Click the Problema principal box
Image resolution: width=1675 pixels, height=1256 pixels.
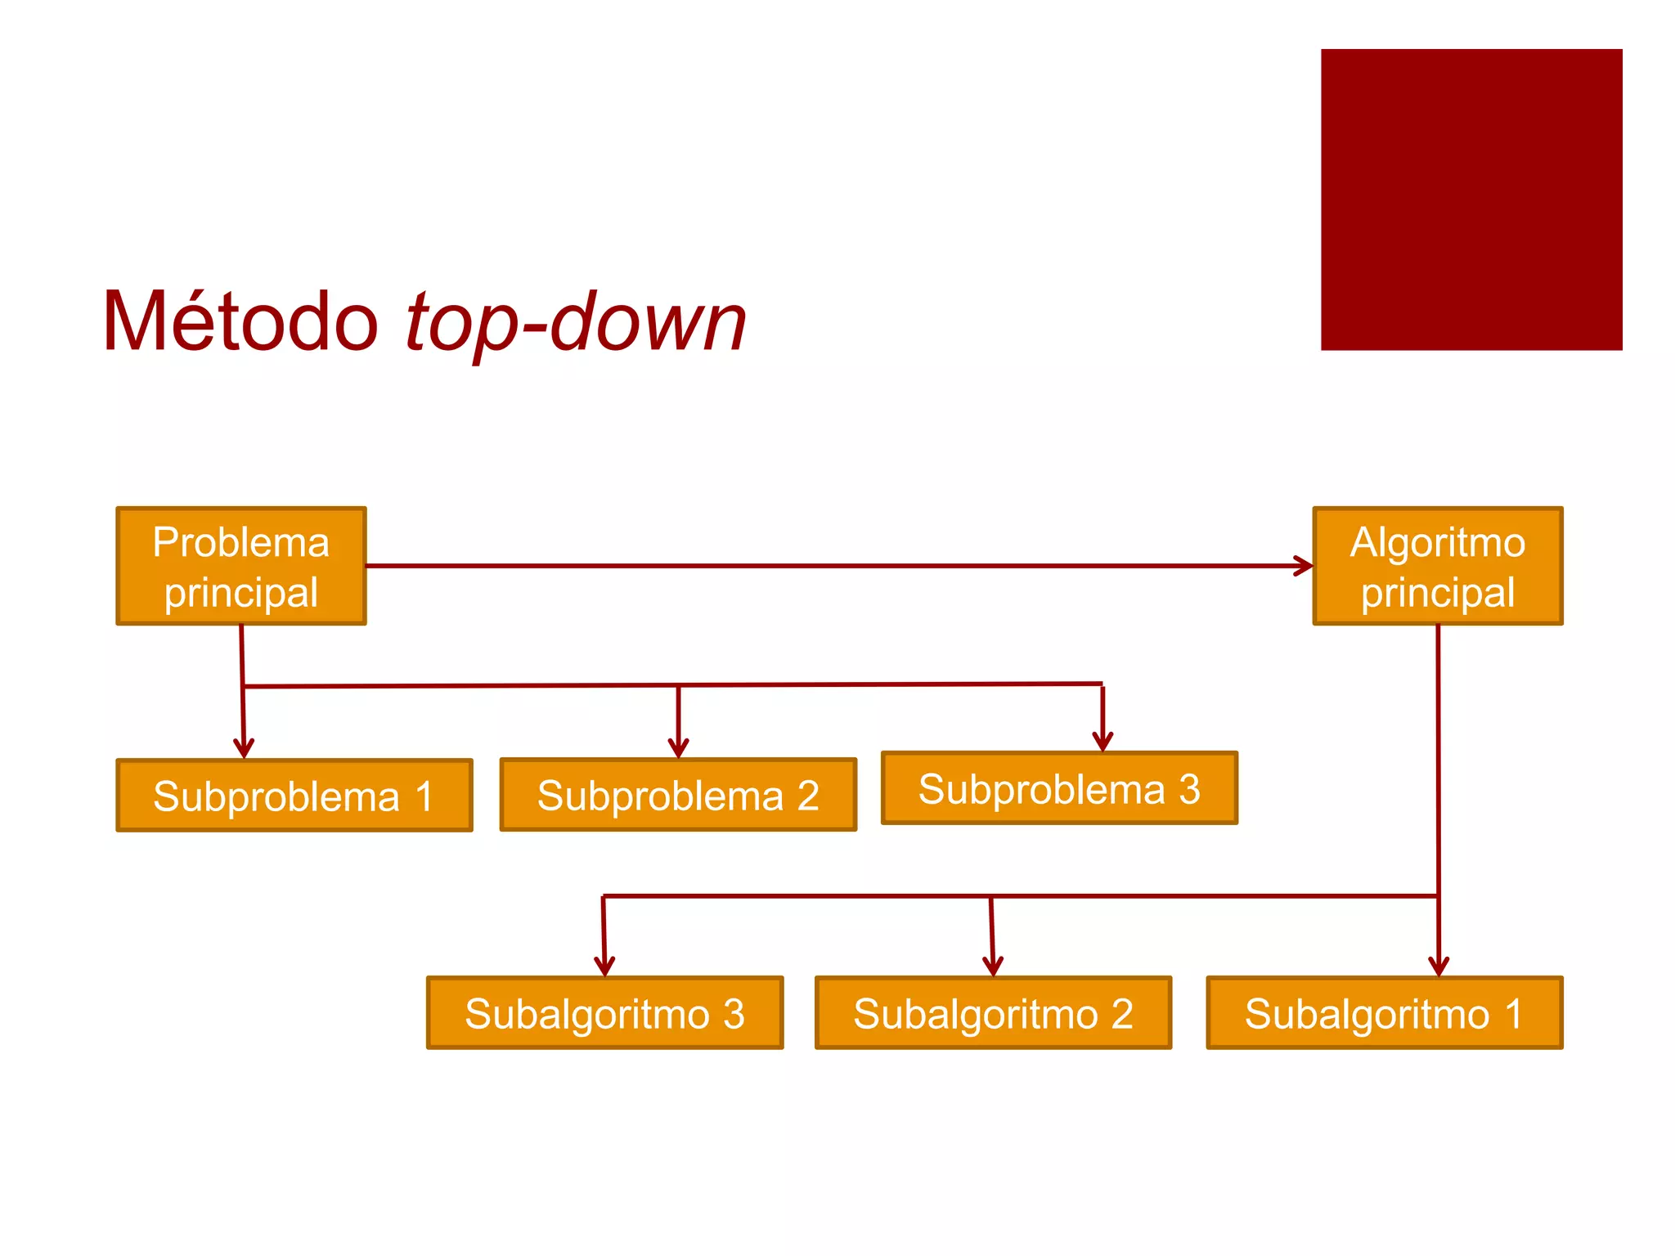[x=241, y=566]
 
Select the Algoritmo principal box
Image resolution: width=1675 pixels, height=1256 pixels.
[x=1438, y=566]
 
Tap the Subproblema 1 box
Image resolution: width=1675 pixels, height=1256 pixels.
[x=294, y=796]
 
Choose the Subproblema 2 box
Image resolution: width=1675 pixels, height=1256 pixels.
[x=678, y=795]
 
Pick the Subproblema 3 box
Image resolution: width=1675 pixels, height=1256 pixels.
[x=1059, y=788]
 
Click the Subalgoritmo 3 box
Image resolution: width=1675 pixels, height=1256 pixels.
[x=604, y=1013]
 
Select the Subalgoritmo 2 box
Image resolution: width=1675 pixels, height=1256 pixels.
[x=993, y=1013]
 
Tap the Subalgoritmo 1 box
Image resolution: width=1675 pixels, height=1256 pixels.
[x=1385, y=1013]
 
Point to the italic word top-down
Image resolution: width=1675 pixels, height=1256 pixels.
[x=576, y=324]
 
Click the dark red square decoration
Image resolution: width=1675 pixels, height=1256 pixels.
[x=1471, y=200]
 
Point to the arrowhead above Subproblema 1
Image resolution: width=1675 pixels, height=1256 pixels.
[x=244, y=749]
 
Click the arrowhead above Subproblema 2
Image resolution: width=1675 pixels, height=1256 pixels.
[x=678, y=748]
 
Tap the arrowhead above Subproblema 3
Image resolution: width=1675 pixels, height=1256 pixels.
[x=1102, y=742]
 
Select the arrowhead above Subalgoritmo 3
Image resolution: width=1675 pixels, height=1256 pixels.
[x=604, y=967]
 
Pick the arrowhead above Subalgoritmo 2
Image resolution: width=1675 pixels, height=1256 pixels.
[x=993, y=967]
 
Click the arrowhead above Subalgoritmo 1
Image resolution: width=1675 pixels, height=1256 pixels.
[x=1439, y=967]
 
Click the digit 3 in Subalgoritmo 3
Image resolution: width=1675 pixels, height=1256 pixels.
[x=734, y=1014]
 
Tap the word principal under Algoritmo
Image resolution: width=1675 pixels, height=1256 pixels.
[x=1438, y=593]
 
